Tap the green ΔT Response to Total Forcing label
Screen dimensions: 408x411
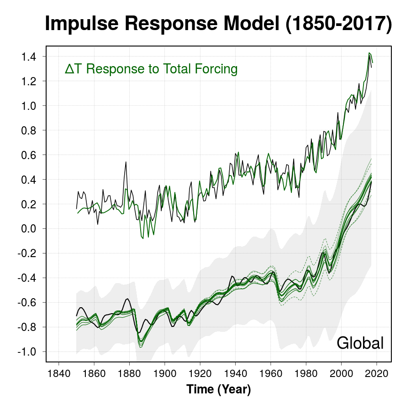tap(151, 69)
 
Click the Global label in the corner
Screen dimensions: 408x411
tap(360, 343)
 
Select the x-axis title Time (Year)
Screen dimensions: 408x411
tap(218, 390)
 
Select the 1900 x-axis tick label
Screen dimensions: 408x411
tap(164, 372)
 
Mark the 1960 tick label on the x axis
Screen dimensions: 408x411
tap(270, 372)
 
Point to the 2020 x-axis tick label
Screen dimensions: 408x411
tap(376, 372)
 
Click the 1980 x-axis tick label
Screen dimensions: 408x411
tap(306, 372)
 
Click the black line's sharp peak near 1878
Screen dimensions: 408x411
tap(126, 162)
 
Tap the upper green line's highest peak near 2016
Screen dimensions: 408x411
tap(369, 53)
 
